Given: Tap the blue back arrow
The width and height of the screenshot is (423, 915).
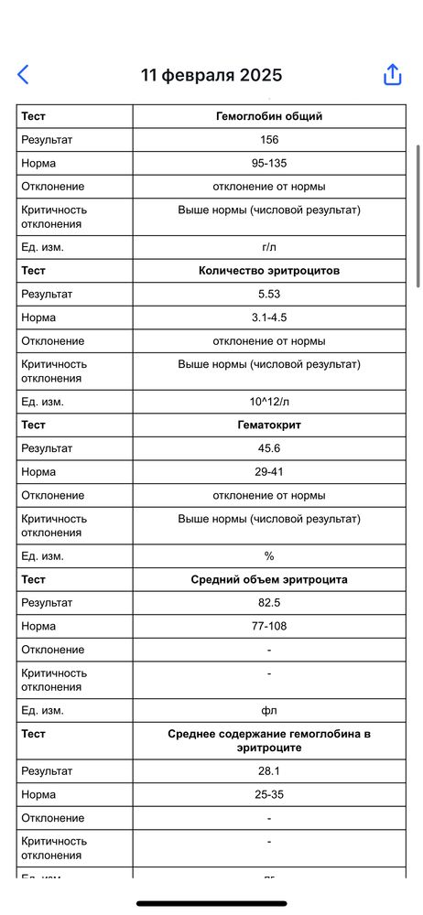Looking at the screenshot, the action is coord(24,75).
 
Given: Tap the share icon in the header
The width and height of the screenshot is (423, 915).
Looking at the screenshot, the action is coord(392,75).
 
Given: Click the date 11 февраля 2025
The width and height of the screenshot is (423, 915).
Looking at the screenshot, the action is coord(211,75).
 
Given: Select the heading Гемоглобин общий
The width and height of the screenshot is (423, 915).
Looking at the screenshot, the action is coord(269,116).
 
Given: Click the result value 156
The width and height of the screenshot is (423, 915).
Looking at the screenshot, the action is coord(269,140).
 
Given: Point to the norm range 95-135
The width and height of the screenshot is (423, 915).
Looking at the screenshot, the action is coord(269,163).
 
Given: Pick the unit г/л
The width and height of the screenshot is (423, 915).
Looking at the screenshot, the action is coord(269,247).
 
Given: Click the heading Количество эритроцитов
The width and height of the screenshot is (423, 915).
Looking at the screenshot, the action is coord(269,271).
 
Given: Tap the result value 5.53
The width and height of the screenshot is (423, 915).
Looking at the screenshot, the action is coord(269,294).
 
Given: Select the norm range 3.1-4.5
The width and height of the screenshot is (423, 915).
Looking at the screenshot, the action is coord(269,318).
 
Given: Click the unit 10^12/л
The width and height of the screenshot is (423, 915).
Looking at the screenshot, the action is coord(269,402).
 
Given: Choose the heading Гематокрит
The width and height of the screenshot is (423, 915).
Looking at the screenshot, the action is coord(269,425).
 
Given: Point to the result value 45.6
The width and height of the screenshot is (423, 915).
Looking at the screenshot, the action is coord(269,448).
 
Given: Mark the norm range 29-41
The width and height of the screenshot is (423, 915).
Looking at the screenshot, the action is coord(269,472).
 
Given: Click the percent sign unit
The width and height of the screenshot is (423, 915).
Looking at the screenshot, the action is coord(269,556).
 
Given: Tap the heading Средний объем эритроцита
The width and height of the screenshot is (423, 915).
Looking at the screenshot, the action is coord(269,579).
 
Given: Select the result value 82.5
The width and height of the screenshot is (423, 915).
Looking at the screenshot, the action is coord(269,603).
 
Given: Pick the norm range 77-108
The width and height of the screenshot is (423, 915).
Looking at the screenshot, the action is coord(269,626).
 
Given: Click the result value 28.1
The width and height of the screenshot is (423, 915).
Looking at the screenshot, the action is coord(269,771).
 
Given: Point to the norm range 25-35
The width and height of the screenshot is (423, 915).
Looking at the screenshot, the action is coord(269,794).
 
